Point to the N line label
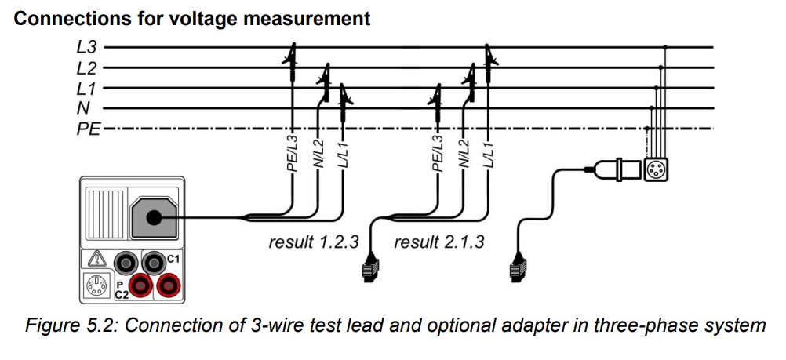pyautogui.click(x=82, y=108)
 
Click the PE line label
pyautogui.click(x=88, y=128)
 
